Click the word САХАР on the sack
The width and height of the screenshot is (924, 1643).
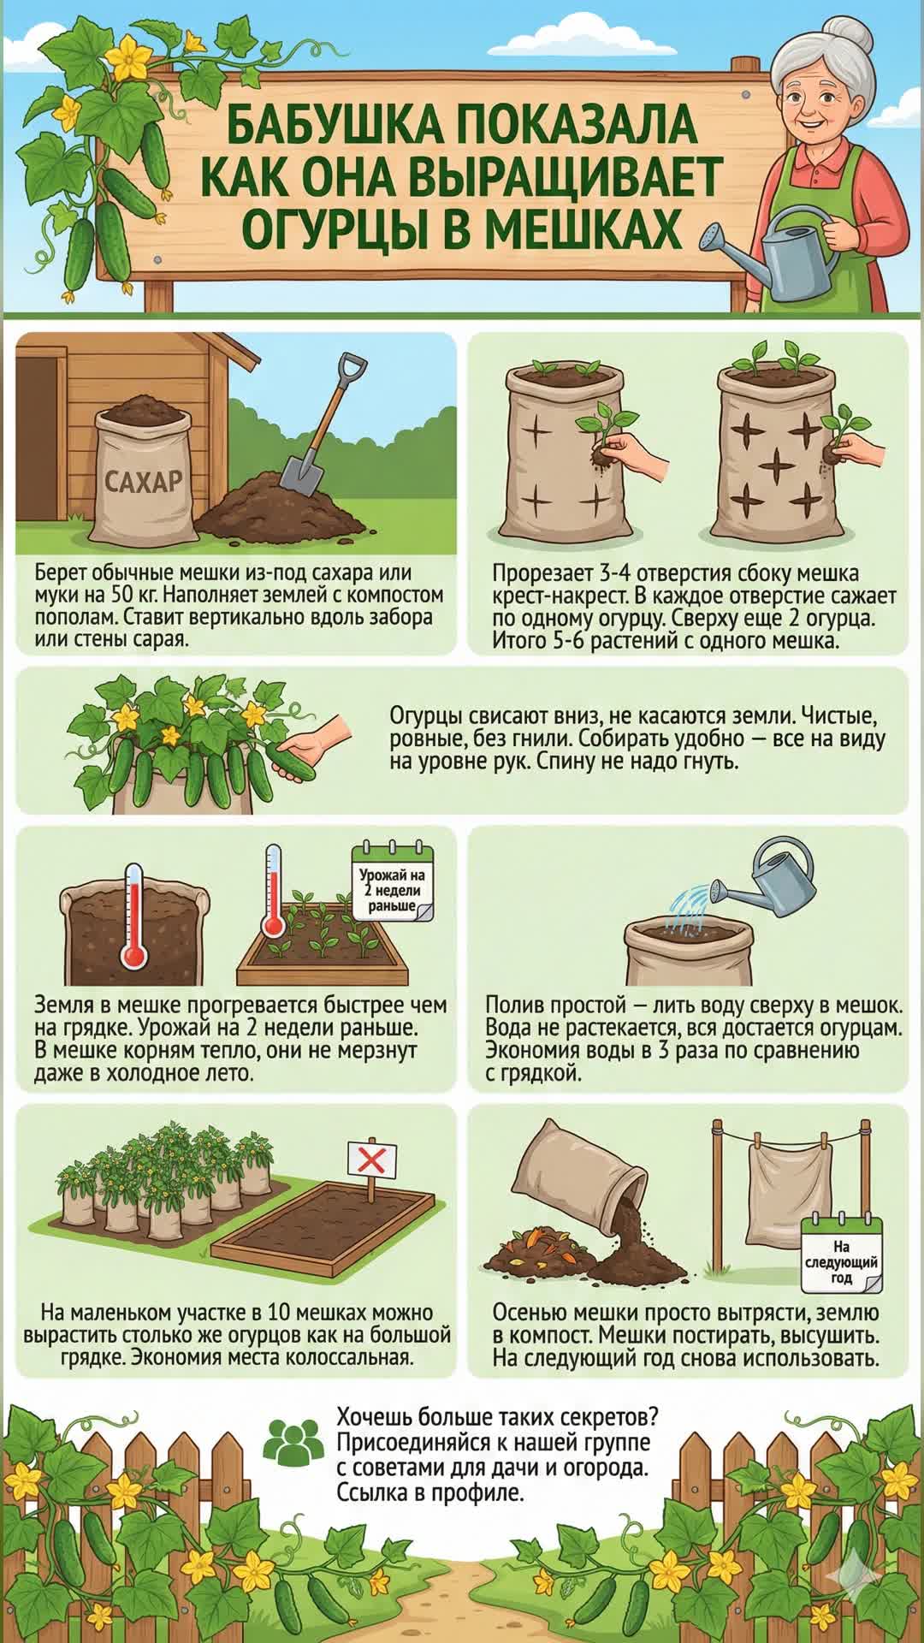point(144,480)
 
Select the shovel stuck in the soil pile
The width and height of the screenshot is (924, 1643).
point(325,424)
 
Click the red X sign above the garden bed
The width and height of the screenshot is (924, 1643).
point(372,1161)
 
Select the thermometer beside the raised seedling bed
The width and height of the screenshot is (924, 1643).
point(273,891)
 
